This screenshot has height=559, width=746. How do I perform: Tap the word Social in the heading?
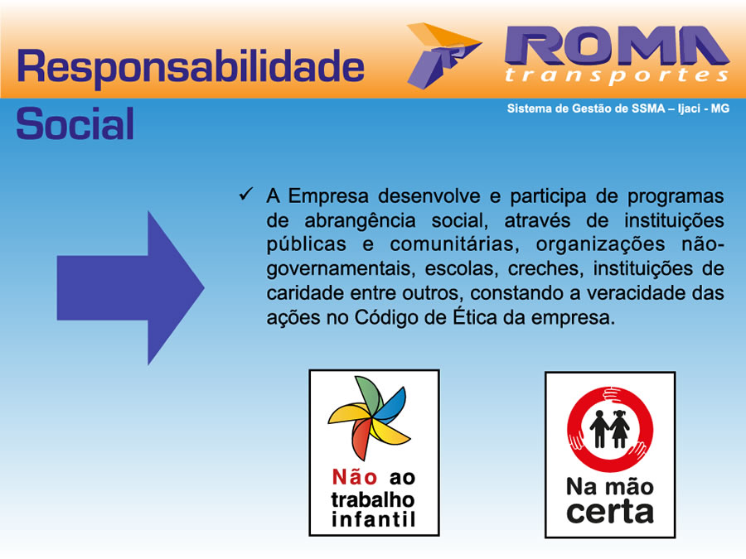click(75, 123)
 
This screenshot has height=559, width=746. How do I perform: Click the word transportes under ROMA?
click(617, 75)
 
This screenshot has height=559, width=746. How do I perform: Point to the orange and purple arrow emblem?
click(443, 55)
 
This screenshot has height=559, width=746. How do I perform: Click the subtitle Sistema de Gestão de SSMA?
click(586, 108)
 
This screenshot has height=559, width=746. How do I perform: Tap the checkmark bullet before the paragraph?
click(246, 194)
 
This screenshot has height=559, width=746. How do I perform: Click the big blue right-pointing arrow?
click(130, 287)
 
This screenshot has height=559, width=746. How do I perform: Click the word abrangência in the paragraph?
click(361, 221)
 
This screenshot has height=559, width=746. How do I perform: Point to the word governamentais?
click(340, 269)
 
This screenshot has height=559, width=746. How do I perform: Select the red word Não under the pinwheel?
click(355, 477)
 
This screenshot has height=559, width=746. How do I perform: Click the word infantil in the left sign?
click(374, 519)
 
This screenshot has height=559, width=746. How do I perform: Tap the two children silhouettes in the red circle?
click(609, 429)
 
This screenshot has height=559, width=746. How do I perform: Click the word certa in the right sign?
click(610, 513)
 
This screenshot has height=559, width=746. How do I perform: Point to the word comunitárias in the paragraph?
click(453, 244)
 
